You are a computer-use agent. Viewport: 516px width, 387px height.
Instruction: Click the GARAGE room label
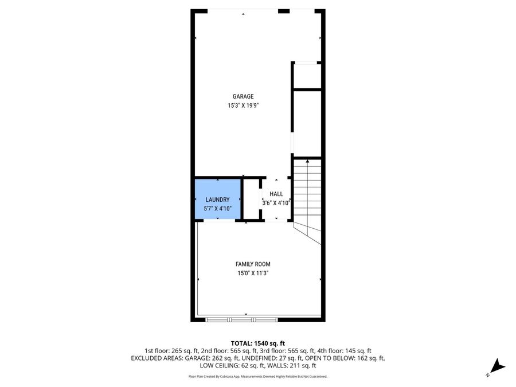tap(243, 96)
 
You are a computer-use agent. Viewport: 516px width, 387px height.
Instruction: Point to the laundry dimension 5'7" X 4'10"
tap(217, 209)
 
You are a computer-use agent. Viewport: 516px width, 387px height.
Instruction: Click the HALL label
tap(276, 194)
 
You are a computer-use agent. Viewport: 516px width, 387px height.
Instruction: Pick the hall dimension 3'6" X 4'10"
tap(276, 203)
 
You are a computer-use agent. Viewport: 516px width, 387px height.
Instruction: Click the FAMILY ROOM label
tap(253, 264)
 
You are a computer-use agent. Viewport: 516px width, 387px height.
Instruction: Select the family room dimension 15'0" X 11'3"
tap(253, 273)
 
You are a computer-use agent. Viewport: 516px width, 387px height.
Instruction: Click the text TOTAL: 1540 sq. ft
tap(257, 342)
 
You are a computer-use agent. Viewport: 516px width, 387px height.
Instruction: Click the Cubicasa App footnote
tap(257, 377)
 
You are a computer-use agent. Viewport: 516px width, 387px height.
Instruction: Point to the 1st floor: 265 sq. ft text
tap(171, 350)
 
